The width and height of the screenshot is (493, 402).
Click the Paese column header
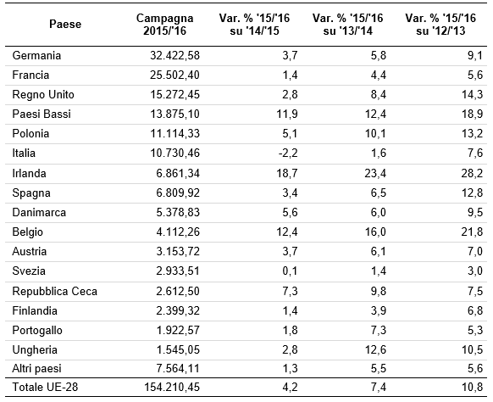point(65,24)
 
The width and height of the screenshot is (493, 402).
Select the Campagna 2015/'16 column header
point(164,25)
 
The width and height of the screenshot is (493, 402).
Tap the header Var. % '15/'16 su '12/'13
point(440,25)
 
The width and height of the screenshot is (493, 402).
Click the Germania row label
point(36,55)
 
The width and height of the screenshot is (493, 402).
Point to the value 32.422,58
point(174,55)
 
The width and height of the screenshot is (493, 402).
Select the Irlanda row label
point(29,173)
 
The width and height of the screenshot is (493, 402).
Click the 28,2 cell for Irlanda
point(472,173)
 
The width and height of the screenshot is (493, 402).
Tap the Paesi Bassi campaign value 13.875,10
point(174,114)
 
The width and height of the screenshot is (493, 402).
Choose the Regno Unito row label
point(43,94)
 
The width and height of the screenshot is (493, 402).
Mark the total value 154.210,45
point(172,387)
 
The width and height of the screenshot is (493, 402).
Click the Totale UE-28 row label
point(45,387)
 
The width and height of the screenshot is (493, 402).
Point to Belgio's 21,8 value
point(472,232)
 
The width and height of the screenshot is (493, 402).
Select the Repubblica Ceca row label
point(55,291)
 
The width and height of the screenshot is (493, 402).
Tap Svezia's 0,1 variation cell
point(290,271)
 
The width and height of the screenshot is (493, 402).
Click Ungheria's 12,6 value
point(375,349)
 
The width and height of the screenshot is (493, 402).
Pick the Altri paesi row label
point(36,369)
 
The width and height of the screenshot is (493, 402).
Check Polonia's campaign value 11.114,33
point(174,133)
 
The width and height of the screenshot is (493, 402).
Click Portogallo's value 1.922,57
point(178,330)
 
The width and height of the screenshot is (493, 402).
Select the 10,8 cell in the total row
point(472,387)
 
